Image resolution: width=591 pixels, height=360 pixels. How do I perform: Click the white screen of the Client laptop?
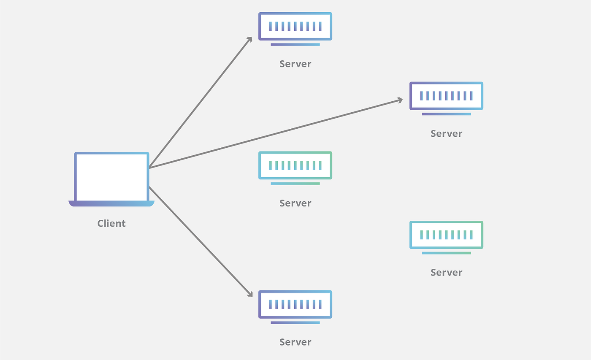[x=112, y=177]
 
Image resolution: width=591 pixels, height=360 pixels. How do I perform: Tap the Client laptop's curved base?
[x=111, y=204]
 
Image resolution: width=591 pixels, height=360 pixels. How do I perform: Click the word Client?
[x=111, y=223]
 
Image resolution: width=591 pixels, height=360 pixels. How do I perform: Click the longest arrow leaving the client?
[x=274, y=134]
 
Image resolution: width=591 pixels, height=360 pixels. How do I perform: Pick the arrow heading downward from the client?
[x=201, y=241]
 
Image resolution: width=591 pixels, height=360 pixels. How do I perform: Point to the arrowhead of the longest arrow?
[x=399, y=100]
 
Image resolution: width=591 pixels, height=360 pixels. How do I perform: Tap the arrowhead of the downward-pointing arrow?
[x=249, y=294]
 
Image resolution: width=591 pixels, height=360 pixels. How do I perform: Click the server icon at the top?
[x=295, y=26]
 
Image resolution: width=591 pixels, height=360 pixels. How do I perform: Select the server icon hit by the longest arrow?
[x=446, y=96]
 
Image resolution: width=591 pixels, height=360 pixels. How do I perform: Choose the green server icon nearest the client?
[x=295, y=165]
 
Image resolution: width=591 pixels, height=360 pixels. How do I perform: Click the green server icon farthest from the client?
[x=446, y=235]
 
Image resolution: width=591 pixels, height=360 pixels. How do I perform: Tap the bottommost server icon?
[x=295, y=304]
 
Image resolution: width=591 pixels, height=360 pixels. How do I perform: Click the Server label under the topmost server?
[x=295, y=64]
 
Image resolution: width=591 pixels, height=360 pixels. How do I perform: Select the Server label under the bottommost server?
[x=295, y=342]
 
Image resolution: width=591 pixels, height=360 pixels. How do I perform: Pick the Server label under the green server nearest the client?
[x=295, y=203]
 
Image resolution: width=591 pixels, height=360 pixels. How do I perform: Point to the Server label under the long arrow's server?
[x=446, y=133]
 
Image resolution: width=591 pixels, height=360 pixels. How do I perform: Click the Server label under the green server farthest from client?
[x=446, y=272]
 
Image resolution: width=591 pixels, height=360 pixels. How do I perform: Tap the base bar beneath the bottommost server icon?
[x=295, y=322]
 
